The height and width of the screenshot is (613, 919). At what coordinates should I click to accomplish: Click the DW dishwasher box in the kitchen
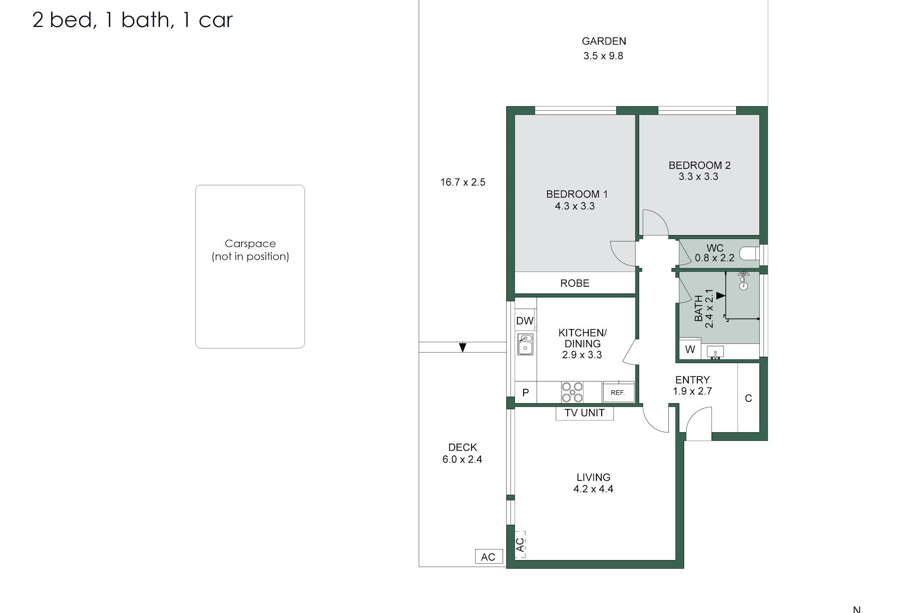click(525, 320)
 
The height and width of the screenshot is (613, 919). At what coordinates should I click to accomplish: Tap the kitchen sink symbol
click(525, 344)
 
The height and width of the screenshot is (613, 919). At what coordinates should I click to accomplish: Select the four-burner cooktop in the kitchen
click(572, 392)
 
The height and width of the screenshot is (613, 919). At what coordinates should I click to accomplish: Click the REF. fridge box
click(618, 392)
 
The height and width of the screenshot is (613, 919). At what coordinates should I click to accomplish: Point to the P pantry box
click(526, 392)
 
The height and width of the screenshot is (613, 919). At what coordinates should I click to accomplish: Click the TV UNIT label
click(584, 413)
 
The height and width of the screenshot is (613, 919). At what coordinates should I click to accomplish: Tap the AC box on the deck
click(488, 556)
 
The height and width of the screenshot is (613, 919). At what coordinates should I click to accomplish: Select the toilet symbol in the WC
click(749, 252)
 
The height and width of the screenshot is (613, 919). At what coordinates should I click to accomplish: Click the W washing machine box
click(690, 349)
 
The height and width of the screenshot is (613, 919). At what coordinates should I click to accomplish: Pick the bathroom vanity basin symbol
click(715, 352)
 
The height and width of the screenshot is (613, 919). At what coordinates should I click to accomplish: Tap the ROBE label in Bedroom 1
click(575, 283)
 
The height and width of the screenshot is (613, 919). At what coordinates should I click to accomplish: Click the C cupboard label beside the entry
click(749, 398)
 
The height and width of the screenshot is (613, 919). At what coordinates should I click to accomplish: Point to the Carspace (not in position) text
click(250, 250)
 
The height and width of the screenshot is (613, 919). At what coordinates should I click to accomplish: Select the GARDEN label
click(604, 41)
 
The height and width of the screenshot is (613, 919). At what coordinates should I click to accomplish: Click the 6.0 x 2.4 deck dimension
click(462, 459)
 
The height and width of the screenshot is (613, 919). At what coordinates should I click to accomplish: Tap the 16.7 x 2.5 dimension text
click(463, 182)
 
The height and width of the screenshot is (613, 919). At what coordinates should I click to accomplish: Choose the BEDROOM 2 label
click(700, 165)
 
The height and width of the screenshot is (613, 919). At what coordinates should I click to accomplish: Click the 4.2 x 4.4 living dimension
click(594, 489)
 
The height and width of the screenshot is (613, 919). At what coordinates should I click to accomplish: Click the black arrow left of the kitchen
click(462, 348)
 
